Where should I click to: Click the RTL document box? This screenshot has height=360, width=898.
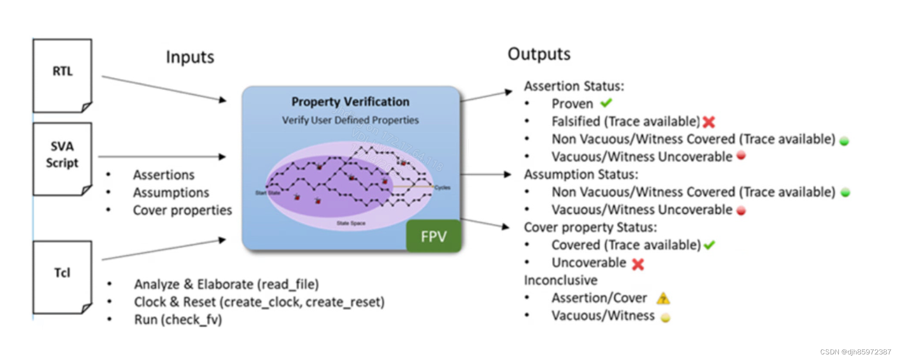pos(63,76)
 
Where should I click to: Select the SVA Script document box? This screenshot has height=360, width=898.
pos(63,158)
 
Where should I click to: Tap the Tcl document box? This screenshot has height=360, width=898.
pos(63,277)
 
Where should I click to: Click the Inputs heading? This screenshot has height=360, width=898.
pos(190,57)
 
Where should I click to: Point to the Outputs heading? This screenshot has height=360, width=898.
pos(539,54)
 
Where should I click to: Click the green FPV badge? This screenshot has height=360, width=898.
pos(433,236)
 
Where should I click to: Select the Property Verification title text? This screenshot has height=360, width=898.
pos(350,102)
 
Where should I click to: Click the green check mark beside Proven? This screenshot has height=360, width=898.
pos(606,103)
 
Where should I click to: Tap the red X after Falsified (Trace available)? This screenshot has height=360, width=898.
pos(708,122)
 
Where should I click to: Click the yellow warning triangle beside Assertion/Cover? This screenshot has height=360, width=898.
pos(663,298)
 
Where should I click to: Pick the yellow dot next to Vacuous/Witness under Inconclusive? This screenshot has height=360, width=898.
pos(665,318)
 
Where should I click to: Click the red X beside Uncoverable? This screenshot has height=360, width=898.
pos(638,264)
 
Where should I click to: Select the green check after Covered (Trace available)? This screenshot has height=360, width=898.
pos(709,245)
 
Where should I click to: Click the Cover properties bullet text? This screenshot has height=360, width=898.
pos(182,210)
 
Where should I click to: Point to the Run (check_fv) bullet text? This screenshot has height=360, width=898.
pos(178,319)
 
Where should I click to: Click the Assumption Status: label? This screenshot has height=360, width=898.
pos(581,174)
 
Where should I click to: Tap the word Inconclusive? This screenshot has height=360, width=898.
pos(560,281)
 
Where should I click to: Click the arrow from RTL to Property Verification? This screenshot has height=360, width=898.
pos(164,88)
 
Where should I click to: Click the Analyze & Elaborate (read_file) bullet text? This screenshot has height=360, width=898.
pos(226,284)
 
